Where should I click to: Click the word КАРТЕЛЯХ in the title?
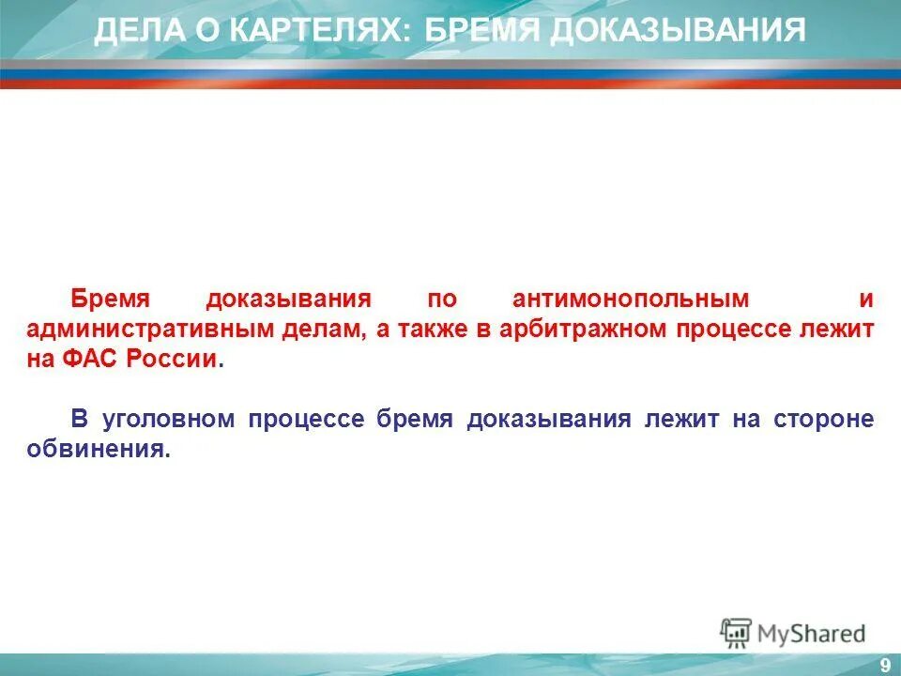coord(316,30)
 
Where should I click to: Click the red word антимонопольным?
coord(631,299)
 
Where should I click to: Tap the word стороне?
coord(824,419)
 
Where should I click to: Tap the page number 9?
coord(884,666)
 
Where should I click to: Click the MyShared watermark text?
coord(810,634)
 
